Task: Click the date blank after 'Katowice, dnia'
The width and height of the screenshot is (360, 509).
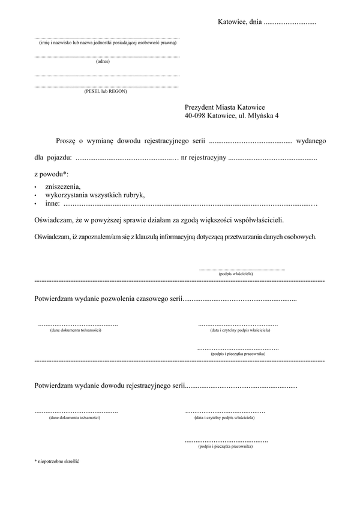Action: pyautogui.click(x=290, y=23)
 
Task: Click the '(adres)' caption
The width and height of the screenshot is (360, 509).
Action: pyautogui.click(x=103, y=61)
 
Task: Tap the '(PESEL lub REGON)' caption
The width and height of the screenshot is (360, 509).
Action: pyautogui.click(x=106, y=91)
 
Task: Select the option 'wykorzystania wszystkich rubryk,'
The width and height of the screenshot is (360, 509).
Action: pyautogui.click(x=95, y=195)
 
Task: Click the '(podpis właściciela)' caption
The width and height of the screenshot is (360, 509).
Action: pyautogui.click(x=236, y=274)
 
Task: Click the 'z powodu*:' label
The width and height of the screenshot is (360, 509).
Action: pyautogui.click(x=52, y=174)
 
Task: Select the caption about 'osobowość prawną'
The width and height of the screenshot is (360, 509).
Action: pyautogui.click(x=108, y=43)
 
